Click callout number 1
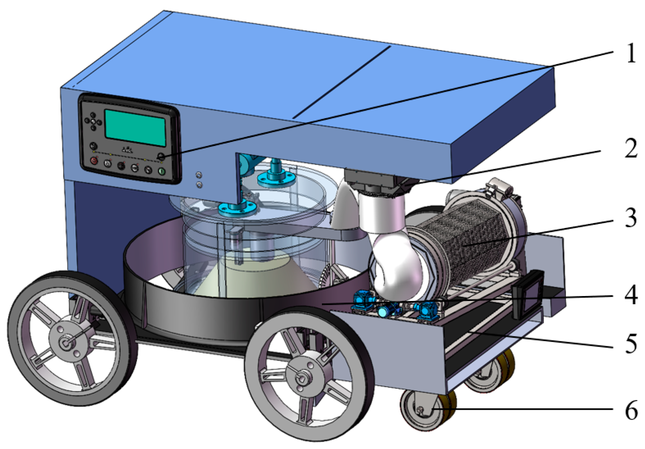pos(631,53)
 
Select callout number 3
pos(631,218)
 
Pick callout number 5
pos(631,344)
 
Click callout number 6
pos(631,410)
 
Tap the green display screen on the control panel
pos(135,128)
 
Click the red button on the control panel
pos(94,160)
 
